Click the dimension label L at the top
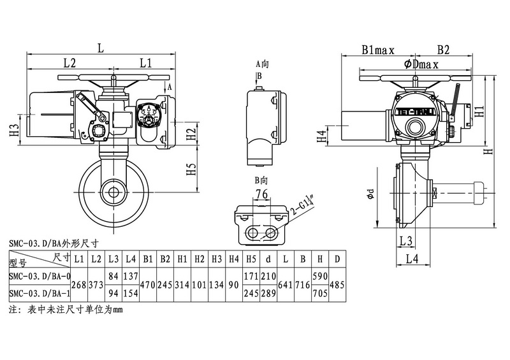click(101, 47)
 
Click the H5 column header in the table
click(252, 259)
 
